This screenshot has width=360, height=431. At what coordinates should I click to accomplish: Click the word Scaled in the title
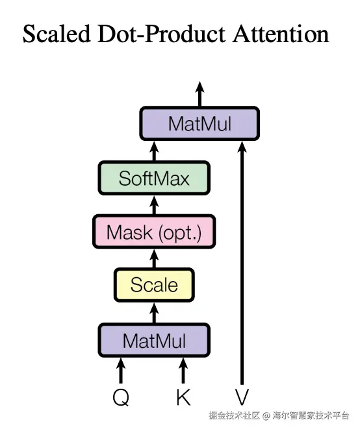(57, 34)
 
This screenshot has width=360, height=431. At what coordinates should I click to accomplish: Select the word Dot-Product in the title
(162, 34)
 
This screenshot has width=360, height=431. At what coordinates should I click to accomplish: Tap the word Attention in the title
(281, 34)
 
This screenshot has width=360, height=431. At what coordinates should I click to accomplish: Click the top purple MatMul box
(199, 123)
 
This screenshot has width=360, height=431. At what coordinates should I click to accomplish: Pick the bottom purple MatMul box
(154, 340)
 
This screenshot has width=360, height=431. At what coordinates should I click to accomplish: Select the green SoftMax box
(154, 178)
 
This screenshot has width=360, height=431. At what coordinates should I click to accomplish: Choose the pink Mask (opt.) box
(154, 232)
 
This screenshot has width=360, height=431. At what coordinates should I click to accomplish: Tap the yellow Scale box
(154, 285)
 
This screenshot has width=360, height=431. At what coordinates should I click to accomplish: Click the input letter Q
(121, 397)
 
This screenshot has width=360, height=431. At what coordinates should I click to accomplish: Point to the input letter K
(183, 397)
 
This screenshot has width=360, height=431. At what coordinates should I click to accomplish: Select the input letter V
(242, 397)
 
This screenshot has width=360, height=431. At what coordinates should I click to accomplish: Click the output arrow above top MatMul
(199, 93)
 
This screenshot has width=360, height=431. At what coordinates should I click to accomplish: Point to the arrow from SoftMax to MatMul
(154, 151)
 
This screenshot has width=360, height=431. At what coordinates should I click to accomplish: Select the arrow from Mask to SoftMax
(154, 205)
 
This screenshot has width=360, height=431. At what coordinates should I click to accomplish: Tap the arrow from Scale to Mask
(154, 258)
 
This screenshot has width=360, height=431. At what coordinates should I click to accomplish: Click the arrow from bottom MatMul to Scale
(154, 313)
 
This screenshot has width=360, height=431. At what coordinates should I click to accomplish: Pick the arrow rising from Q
(121, 371)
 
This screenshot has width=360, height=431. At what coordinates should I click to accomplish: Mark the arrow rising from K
(183, 371)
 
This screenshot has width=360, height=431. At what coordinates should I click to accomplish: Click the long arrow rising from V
(242, 263)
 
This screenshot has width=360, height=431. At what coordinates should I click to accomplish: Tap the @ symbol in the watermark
(266, 415)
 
